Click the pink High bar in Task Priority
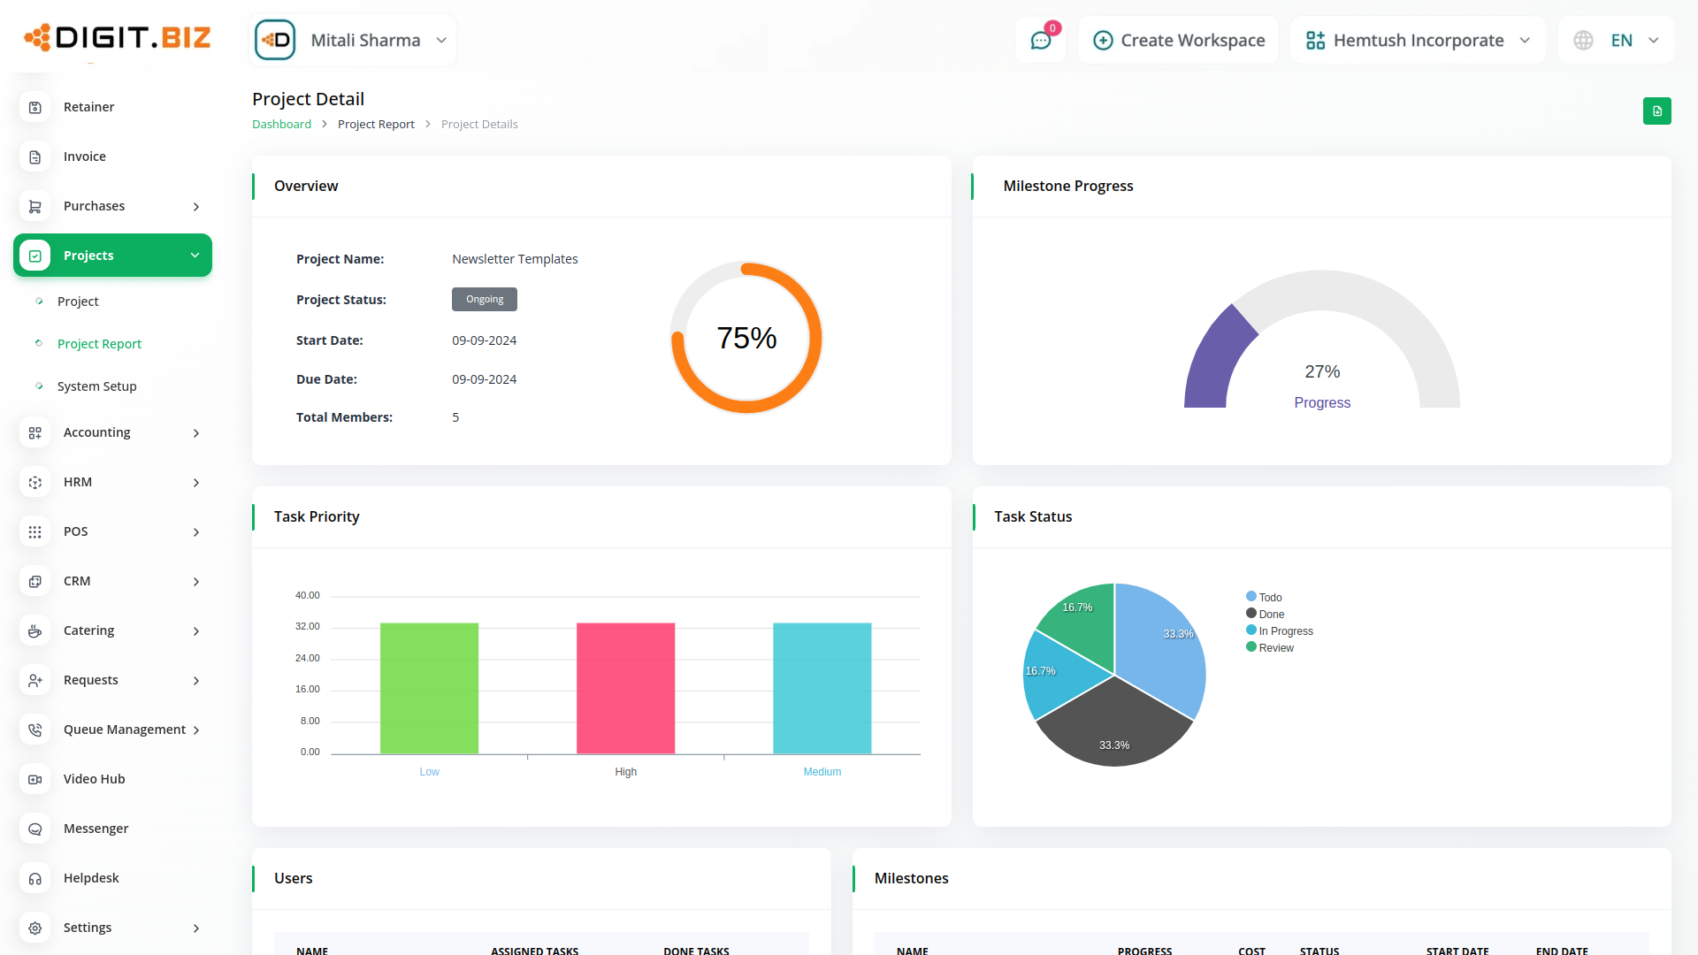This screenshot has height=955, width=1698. point(625,688)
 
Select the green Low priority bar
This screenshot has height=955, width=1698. point(429,688)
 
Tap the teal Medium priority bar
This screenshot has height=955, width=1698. point(822,688)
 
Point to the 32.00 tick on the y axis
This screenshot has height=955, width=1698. point(307,627)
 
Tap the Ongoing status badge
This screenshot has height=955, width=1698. point(485,300)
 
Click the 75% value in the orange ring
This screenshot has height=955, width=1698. point(746,338)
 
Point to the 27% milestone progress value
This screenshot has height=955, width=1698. point(1322,372)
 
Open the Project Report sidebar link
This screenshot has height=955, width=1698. point(99,344)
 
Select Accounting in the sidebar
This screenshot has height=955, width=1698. point(97,432)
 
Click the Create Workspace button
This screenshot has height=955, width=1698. point(1179,41)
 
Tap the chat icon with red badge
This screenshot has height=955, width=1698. point(1041,41)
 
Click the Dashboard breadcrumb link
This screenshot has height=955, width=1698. point(281,125)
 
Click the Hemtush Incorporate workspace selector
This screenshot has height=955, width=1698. point(1418,41)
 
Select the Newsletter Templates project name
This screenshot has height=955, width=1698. point(515,259)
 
